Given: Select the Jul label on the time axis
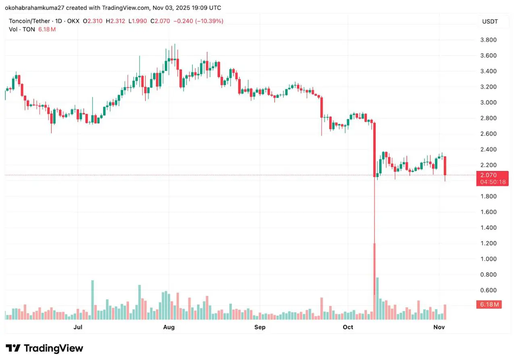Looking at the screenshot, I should click(x=78, y=327).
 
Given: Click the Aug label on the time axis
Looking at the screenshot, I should click(x=169, y=327).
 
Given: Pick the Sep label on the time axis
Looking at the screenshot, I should click(x=260, y=327).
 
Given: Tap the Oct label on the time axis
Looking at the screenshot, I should click(x=348, y=327).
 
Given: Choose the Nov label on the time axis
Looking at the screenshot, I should click(x=439, y=327).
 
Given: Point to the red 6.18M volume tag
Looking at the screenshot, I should click(x=489, y=305).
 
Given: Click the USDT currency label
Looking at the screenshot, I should click(x=490, y=21).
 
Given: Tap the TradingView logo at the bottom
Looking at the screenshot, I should click(x=44, y=348).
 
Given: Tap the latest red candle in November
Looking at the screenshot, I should click(x=445, y=166).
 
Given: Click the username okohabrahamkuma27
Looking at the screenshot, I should click(x=39, y=8).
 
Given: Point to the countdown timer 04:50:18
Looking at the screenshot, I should click(x=492, y=182).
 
